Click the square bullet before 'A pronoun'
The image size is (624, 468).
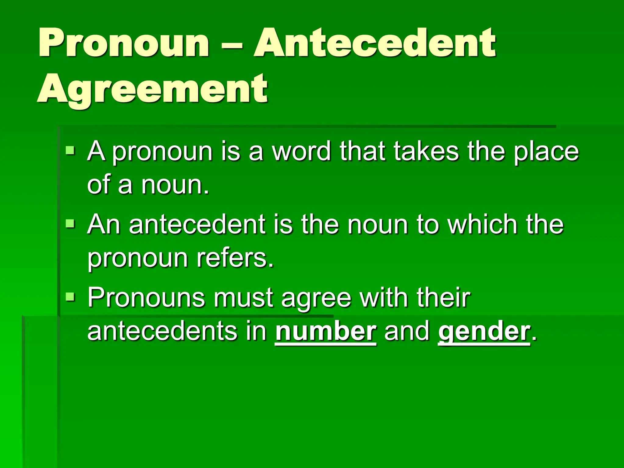[x=70, y=150]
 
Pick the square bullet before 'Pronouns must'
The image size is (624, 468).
[x=70, y=296]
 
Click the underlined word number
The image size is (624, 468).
[x=325, y=331]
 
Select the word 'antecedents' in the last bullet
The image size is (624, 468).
[x=162, y=331]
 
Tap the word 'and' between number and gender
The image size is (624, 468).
[x=407, y=331]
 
